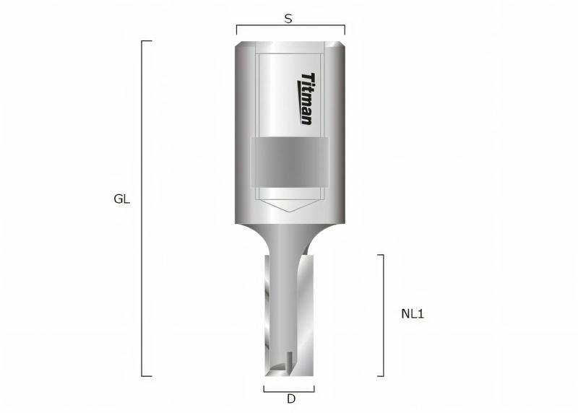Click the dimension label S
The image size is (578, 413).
pyautogui.click(x=288, y=19)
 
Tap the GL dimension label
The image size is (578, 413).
pyautogui.click(x=122, y=199)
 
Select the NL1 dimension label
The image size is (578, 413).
pyautogui.click(x=412, y=314)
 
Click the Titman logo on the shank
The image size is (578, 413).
pyautogui.click(x=307, y=98)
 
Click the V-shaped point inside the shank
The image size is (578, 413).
pyautogui.click(x=290, y=210)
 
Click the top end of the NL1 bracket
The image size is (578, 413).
pyautogui.click(x=381, y=255)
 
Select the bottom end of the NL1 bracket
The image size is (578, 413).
pyautogui.click(x=381, y=376)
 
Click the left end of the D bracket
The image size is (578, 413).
pyautogui.click(x=264, y=389)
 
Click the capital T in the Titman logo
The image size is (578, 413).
pyautogui.click(x=307, y=78)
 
